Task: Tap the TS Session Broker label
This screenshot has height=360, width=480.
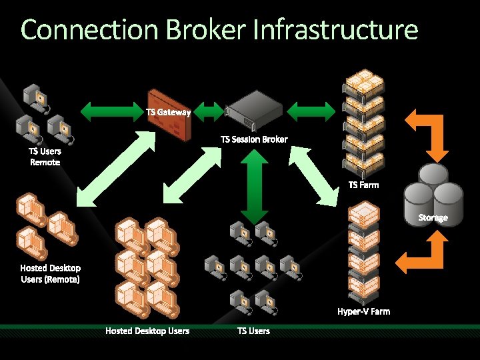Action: pyautogui.click(x=254, y=139)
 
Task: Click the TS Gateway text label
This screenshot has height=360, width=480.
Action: pyautogui.click(x=168, y=112)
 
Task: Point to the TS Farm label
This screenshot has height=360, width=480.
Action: pyautogui.click(x=363, y=185)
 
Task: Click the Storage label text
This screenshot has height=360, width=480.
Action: pyautogui.click(x=433, y=217)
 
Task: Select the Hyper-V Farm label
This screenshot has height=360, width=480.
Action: pyautogui.click(x=363, y=311)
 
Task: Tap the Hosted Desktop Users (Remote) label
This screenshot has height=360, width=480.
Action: pyautogui.click(x=50, y=273)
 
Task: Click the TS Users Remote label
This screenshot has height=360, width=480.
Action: pyautogui.click(x=45, y=156)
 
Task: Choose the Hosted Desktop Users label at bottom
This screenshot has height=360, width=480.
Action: pyautogui.click(x=147, y=331)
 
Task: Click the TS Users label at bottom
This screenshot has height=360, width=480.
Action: pyautogui.click(x=253, y=331)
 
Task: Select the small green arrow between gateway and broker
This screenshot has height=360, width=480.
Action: pyautogui.click(x=212, y=110)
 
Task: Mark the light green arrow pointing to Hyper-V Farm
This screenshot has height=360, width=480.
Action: pyautogui.click(x=313, y=175)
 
